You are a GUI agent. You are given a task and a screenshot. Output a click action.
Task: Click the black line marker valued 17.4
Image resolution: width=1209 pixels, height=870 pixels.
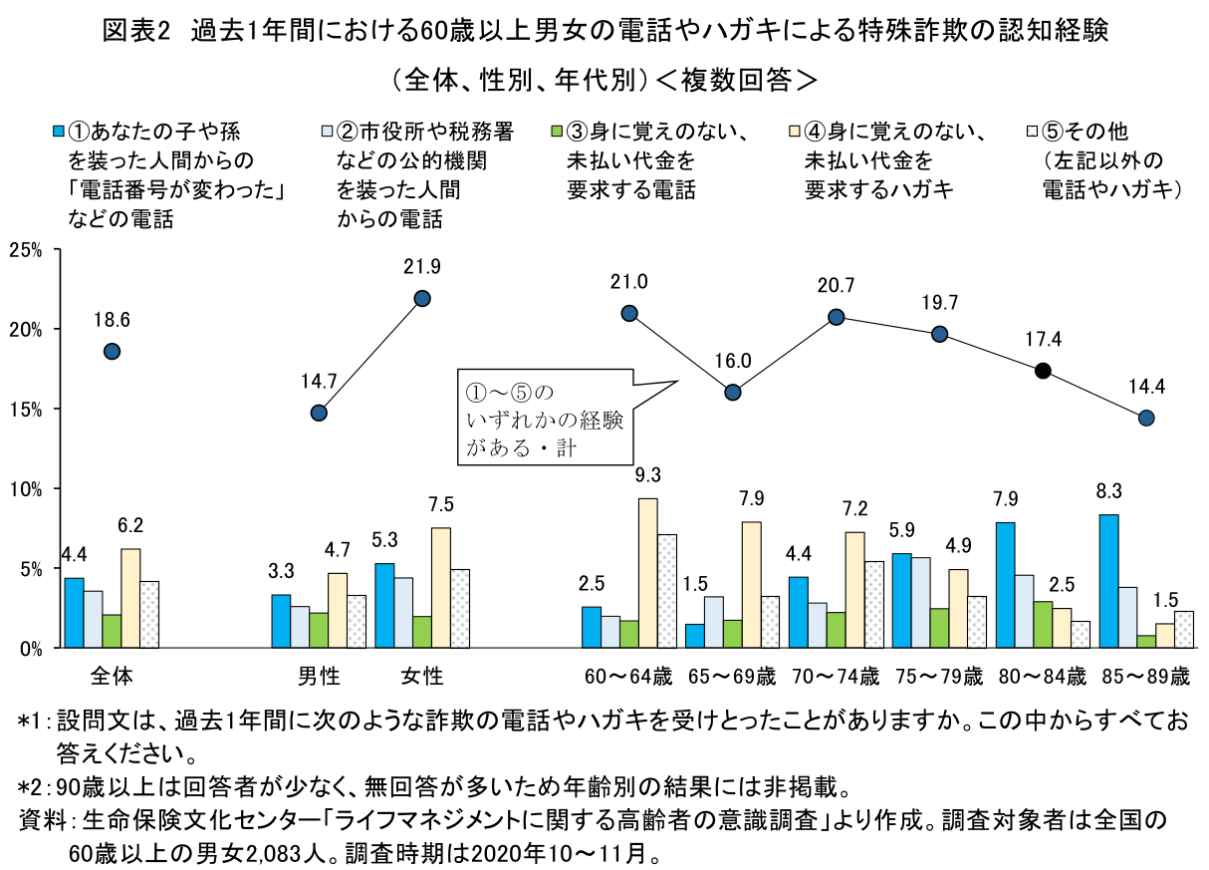(x=1043, y=371)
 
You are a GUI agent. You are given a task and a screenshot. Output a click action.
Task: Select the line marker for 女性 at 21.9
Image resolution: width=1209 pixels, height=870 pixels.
(x=422, y=298)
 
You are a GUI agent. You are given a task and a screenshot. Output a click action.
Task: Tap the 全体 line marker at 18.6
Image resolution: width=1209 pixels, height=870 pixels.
(x=112, y=351)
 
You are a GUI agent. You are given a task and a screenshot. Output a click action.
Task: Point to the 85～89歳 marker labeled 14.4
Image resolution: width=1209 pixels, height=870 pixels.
(x=1146, y=418)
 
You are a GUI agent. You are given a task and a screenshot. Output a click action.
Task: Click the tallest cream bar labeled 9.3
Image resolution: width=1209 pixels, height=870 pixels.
(x=647, y=573)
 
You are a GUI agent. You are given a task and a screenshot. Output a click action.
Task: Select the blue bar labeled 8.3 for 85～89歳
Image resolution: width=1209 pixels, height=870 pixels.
(x=1108, y=581)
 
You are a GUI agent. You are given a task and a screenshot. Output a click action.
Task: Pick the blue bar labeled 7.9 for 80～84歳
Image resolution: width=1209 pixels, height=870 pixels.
(x=1005, y=585)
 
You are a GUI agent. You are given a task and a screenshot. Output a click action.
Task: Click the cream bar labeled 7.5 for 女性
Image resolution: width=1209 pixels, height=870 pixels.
(x=440, y=588)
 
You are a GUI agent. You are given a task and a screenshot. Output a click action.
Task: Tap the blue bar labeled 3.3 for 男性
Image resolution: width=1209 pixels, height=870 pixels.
(x=282, y=621)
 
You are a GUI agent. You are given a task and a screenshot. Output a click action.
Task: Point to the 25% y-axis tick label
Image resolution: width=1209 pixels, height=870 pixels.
(x=28, y=249)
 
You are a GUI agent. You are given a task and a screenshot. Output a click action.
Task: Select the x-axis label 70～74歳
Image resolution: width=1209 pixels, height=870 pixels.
(x=835, y=677)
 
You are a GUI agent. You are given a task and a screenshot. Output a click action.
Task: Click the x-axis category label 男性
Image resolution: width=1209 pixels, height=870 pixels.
(x=319, y=677)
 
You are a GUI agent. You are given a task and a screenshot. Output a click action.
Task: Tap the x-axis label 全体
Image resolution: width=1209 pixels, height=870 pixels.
(x=112, y=677)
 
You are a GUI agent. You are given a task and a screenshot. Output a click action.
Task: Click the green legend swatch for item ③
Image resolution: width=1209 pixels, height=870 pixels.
(x=557, y=131)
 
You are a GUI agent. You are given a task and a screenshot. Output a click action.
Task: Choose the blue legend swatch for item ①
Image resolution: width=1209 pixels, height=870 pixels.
(x=59, y=131)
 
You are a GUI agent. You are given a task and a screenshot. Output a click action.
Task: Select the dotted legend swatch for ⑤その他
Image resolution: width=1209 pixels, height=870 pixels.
(x=1033, y=131)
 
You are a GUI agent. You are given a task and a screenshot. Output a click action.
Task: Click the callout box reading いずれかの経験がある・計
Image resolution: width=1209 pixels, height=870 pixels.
(x=544, y=418)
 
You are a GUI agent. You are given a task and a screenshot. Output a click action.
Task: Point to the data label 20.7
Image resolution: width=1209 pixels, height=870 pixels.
(x=836, y=286)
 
